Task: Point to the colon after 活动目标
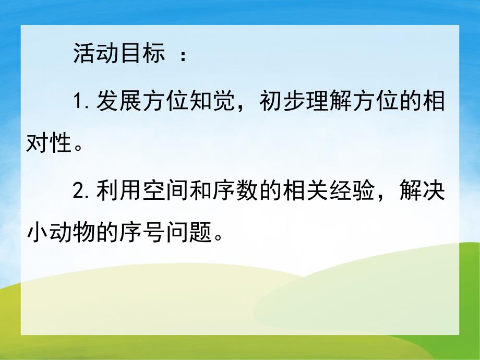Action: pyautogui.click(x=183, y=55)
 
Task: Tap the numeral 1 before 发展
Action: pyautogui.click(x=79, y=100)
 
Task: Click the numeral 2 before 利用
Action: pyautogui.click(x=79, y=193)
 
